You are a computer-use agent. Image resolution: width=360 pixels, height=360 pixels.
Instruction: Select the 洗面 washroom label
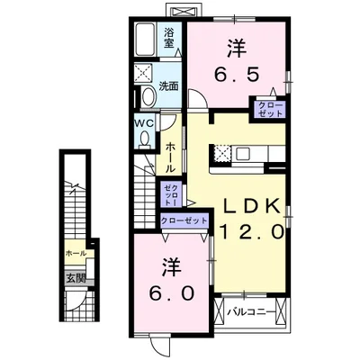(169, 86)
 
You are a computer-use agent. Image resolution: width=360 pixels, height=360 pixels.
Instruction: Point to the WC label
(146, 122)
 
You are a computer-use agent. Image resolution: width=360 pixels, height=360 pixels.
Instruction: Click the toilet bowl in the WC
(146, 138)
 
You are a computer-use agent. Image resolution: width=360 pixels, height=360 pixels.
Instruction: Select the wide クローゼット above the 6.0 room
(184, 220)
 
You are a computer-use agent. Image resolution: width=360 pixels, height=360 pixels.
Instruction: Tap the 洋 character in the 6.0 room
(168, 266)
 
